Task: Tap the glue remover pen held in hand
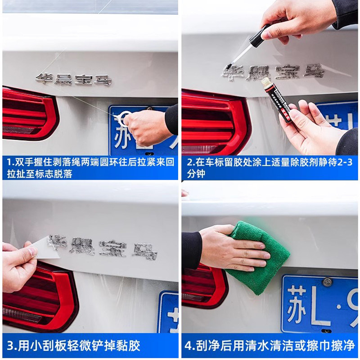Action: click(277, 101)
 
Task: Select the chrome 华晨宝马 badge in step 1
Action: click(73, 79)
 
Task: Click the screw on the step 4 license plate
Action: click(327, 282)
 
